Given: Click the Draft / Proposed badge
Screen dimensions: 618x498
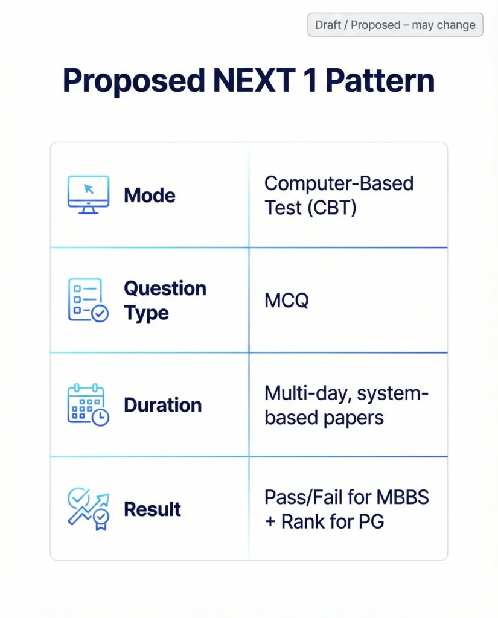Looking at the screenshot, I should (x=395, y=25).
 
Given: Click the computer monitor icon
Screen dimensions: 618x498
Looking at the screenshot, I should (x=88, y=194).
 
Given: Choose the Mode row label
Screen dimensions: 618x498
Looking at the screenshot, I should (x=149, y=196).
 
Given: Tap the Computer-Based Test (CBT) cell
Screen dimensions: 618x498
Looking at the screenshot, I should (x=339, y=195).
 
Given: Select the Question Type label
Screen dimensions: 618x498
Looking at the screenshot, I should (x=164, y=301).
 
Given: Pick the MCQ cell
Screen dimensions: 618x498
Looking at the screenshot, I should (x=286, y=301).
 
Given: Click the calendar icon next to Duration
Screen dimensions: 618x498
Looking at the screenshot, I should (x=88, y=404).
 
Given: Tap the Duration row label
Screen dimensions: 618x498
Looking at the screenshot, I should (x=162, y=405).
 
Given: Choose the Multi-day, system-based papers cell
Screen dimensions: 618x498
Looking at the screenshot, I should (x=346, y=405).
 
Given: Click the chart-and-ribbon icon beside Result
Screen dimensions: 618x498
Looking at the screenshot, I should (x=88, y=509).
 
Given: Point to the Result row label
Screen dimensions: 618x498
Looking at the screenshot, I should (x=152, y=509).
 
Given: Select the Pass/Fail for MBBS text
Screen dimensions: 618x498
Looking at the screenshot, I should (x=346, y=498).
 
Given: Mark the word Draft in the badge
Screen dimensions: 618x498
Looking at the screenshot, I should (x=328, y=25).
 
